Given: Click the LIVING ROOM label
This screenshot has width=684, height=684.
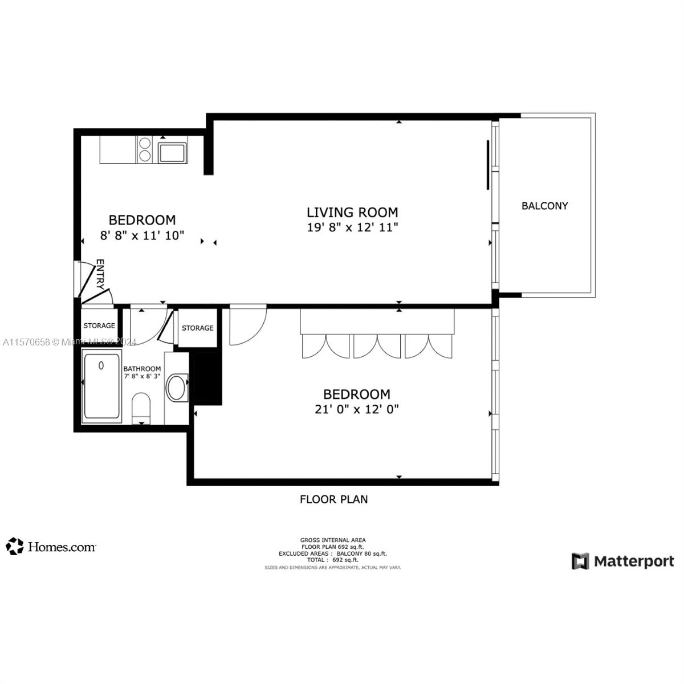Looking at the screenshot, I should [352, 212].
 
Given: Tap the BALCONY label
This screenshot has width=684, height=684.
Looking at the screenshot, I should [544, 206].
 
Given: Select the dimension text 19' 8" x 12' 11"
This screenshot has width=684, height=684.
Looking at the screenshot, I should [352, 227].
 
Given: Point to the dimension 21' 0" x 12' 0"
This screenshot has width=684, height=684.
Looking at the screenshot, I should [356, 409].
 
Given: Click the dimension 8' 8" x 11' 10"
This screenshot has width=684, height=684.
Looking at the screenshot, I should [142, 235].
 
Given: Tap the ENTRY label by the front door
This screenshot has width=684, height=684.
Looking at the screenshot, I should [100, 274].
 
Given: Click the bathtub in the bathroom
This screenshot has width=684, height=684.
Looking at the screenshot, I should [102, 386].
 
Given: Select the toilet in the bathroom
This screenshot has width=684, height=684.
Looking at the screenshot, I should [141, 408].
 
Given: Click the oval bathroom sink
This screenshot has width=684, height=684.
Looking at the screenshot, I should [176, 388].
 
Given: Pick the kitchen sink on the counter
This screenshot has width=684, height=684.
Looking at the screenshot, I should [172, 153].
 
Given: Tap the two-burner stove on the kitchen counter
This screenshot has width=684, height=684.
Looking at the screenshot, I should [145, 149].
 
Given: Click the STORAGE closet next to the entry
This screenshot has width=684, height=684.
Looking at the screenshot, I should [99, 325].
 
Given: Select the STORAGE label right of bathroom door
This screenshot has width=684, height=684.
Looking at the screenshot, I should [198, 328].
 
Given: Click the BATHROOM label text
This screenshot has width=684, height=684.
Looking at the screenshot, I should [142, 369].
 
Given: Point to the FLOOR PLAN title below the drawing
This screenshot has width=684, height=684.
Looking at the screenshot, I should [334, 499].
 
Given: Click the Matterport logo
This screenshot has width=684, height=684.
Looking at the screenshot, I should [622, 561].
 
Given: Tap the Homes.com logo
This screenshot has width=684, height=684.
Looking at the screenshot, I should [51, 547].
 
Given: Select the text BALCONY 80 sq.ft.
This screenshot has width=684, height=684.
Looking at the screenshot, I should [361, 553].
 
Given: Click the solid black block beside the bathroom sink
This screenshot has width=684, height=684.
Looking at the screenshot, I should [206, 378].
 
